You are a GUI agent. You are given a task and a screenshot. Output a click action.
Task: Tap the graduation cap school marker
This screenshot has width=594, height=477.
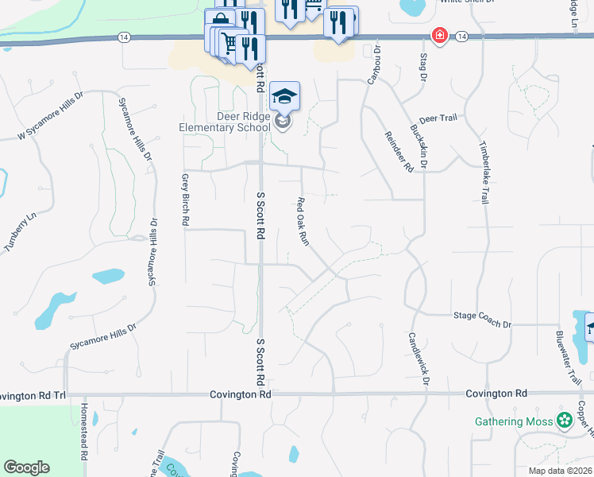click(284, 97)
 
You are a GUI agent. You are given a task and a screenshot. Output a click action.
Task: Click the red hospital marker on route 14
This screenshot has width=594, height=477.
click(438, 36)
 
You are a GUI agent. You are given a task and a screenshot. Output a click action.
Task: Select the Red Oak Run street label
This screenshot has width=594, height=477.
click(303, 221)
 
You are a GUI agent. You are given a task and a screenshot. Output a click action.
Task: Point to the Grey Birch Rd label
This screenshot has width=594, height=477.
click(185, 200)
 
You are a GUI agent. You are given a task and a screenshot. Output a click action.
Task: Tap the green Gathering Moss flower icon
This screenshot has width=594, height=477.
click(565, 421)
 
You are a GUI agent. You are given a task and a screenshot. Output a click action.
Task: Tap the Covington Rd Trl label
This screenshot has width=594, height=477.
click(33, 394)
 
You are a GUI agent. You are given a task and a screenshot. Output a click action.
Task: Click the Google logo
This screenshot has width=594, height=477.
click(26, 467)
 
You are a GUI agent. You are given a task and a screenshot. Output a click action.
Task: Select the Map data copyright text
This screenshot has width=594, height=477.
click(559, 471)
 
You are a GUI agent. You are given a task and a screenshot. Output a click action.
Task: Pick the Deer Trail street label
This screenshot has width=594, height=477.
click(438, 118)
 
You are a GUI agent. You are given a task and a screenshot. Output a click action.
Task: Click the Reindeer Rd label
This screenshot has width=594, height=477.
click(399, 152)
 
